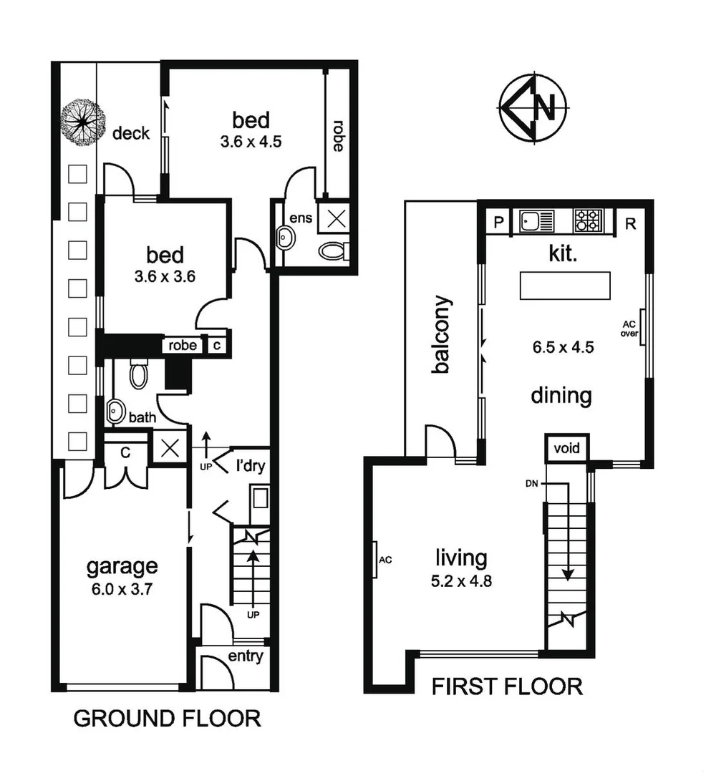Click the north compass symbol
coord(534,108)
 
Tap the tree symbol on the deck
coord(83,123)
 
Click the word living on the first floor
coord(462,558)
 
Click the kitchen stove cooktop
coord(588,221)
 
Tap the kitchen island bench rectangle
coord(566,286)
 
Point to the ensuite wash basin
coord(286,238)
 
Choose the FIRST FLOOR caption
coord(507,687)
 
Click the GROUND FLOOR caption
coord(167,718)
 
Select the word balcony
coord(442,335)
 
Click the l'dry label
coord(251,467)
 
